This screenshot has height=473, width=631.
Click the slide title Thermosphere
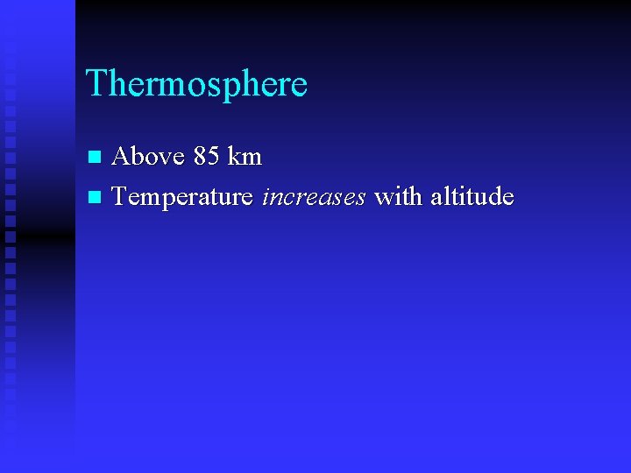click(x=196, y=84)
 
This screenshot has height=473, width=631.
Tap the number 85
click(x=206, y=157)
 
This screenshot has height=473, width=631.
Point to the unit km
click(x=245, y=157)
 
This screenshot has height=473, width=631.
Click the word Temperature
click(x=182, y=197)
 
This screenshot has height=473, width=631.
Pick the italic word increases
click(x=314, y=197)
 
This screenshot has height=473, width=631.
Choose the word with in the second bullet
click(x=395, y=197)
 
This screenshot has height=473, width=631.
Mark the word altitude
click(x=470, y=197)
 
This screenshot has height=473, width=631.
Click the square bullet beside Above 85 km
click(x=96, y=158)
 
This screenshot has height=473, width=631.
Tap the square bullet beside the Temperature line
click(x=96, y=198)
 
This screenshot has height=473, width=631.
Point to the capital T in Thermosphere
click(x=96, y=84)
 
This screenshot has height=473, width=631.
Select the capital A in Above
click(x=122, y=157)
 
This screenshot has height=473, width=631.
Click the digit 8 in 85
click(x=200, y=157)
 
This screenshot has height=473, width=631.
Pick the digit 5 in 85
click(x=213, y=157)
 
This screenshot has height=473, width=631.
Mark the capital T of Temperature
click(x=120, y=197)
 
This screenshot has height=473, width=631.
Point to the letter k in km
click(x=233, y=157)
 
